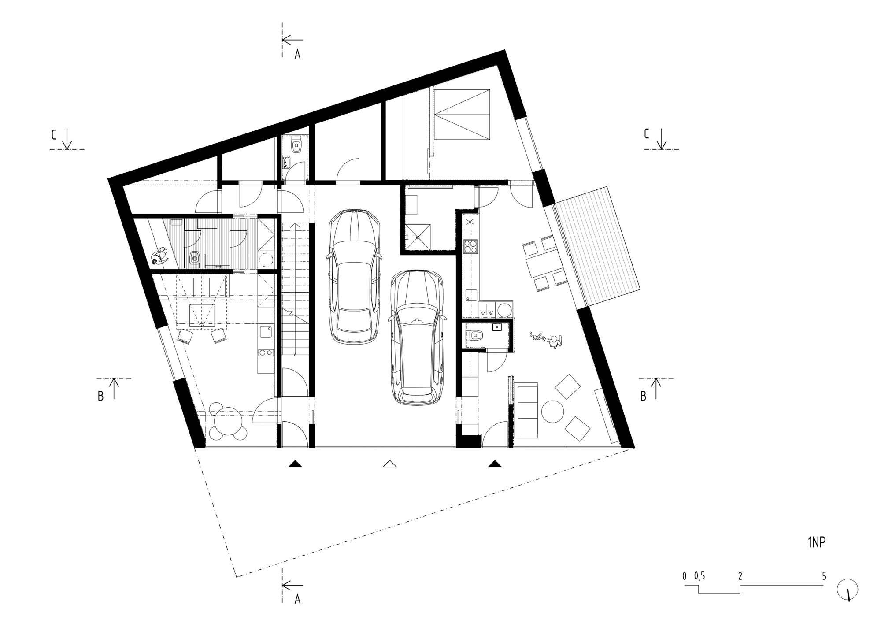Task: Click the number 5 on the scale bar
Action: pos(824,576)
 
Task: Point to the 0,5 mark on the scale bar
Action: pos(699,576)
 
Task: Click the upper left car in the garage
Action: pos(354,277)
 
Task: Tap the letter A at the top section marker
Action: pos(297,55)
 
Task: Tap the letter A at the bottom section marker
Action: pos(297,600)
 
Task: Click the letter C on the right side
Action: pos(646,134)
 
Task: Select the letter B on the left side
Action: pos(100,396)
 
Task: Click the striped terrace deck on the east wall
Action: pos(597,247)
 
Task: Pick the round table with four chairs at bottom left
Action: pos(228,420)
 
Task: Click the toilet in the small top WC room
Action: pos(296,145)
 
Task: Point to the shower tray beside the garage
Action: pos(418,237)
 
